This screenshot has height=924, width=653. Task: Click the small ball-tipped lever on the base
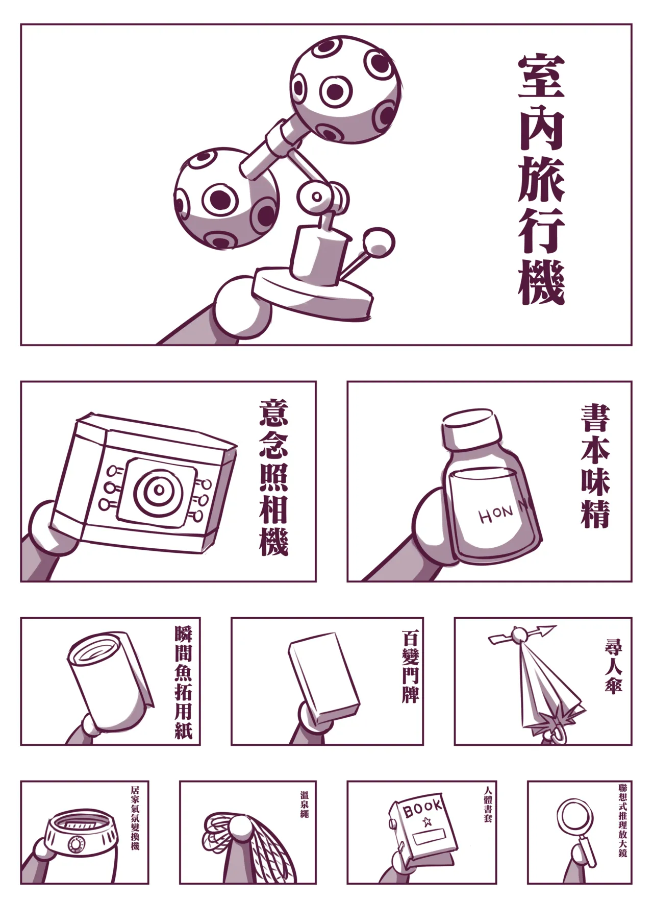point(380,241)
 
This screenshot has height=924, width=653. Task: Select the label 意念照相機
point(273,478)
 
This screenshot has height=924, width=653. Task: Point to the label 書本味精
point(595,466)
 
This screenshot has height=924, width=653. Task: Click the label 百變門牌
point(410,667)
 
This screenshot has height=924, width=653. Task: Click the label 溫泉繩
point(304,805)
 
